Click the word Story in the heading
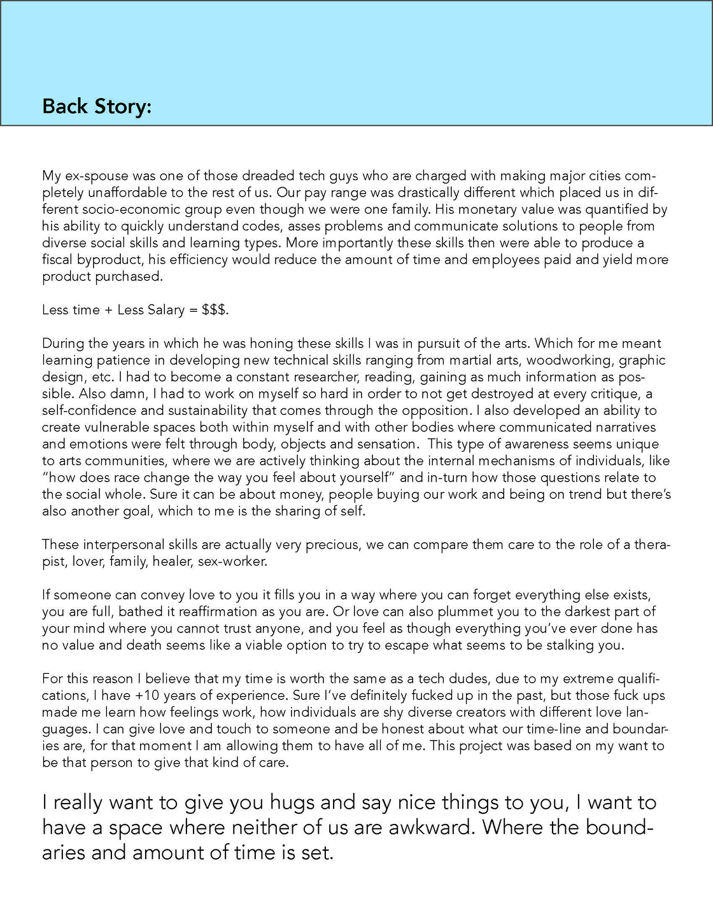pos(124,106)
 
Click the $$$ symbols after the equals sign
pos(214,310)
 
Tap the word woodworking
pos(568,360)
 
